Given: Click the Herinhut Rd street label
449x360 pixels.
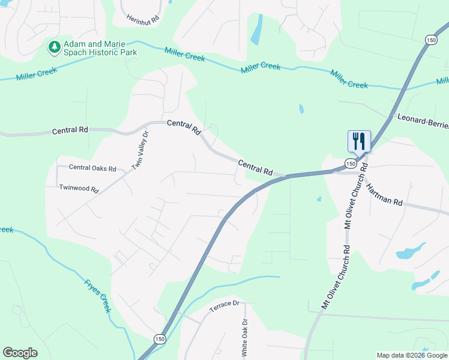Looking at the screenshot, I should coord(143,19).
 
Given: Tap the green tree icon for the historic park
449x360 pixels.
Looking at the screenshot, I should coord(55,46).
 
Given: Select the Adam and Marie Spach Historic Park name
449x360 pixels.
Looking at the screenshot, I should coord(100,49).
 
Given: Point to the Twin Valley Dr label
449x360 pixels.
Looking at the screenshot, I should coord(140,150).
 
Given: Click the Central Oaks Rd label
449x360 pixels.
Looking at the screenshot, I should coord(92,168).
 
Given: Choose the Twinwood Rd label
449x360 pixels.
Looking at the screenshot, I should coord(79,188).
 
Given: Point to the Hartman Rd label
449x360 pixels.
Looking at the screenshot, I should coord(384,194).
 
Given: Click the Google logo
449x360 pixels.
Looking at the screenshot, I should coord(20,353).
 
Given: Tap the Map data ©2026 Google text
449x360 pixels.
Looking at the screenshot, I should coord(412,355).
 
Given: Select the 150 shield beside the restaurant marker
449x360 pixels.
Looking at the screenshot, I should coord(350,163).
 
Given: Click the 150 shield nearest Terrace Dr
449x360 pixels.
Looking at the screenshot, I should coord(159,338).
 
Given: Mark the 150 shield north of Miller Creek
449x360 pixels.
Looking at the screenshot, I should coord(430,40).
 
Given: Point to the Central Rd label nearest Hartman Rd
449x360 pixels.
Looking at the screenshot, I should coord(255,167).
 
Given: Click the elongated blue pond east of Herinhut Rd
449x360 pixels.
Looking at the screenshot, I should coord(257,29).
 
